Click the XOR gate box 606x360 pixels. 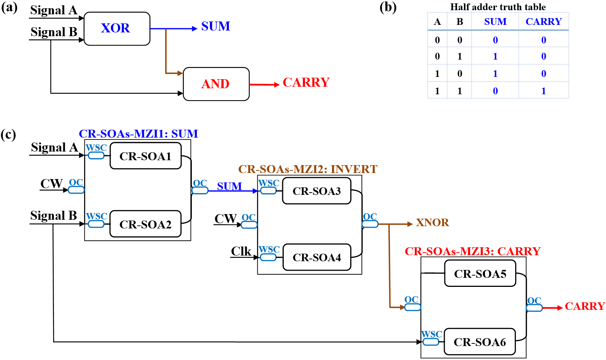(117, 29)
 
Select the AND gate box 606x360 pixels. (216, 84)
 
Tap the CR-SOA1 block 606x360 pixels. (145, 156)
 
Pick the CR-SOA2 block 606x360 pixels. (145, 224)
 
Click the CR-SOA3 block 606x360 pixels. (317, 191)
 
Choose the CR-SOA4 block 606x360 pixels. (317, 257)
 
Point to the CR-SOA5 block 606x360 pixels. (480, 273)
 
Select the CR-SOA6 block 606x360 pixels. (479, 342)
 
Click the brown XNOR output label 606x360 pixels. (432, 222)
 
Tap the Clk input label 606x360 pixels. (241, 251)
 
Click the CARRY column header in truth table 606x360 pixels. (543, 21)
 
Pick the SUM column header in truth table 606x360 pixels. (495, 21)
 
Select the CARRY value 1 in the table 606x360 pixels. (543, 91)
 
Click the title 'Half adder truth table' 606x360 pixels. (498, 7)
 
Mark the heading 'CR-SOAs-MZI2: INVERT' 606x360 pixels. (308, 169)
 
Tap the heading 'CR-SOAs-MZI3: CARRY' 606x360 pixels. (473, 251)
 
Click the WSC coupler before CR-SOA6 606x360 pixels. (431, 342)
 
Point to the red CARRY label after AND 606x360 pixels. (306, 82)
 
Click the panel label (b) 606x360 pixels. (388, 7)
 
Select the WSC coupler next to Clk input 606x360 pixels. (268, 257)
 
